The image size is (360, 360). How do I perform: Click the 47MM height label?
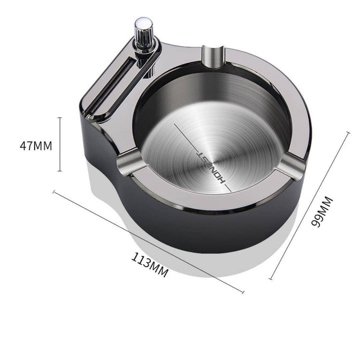pos(36,146)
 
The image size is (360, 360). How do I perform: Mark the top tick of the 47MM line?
pos(60,118)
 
